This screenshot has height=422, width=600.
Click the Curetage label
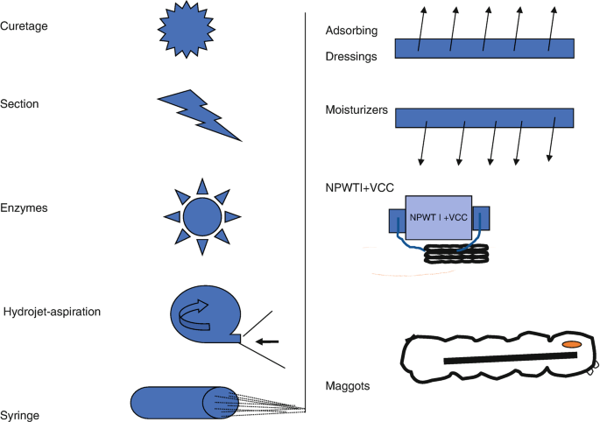click(25, 26)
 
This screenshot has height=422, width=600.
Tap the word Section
click(22, 104)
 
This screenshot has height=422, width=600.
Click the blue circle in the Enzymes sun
click(201, 215)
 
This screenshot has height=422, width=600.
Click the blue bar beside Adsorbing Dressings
click(484, 48)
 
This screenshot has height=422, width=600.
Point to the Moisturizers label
click(356, 109)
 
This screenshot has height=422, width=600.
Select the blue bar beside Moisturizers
click(484, 118)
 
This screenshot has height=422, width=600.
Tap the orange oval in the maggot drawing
click(571, 345)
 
